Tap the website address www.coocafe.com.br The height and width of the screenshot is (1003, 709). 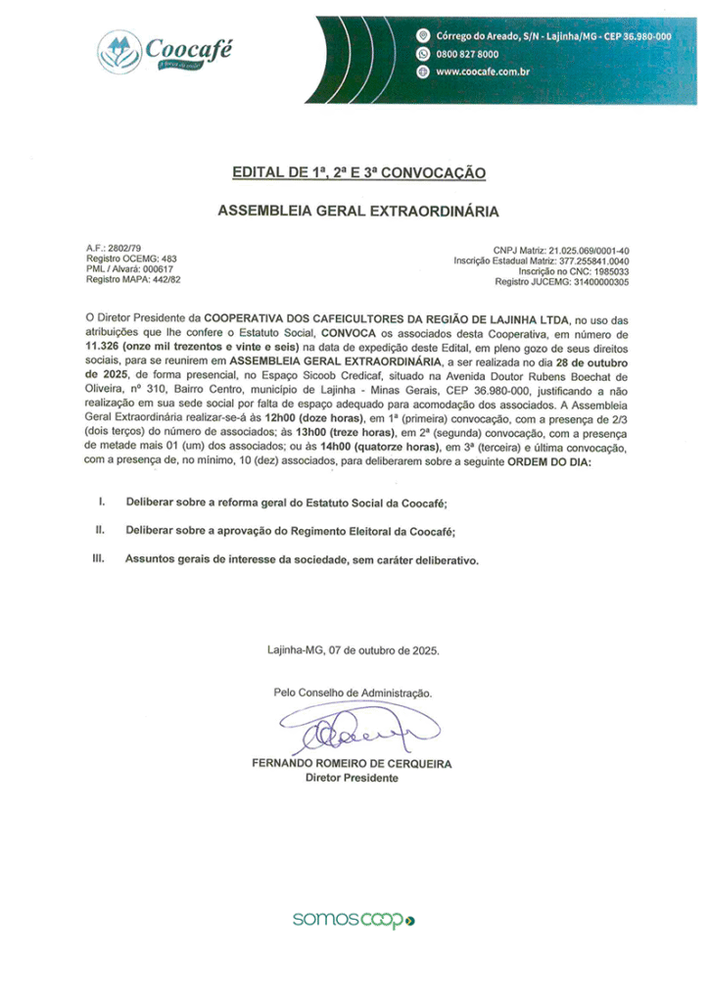[483, 72]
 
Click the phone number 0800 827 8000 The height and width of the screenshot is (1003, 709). [467, 54]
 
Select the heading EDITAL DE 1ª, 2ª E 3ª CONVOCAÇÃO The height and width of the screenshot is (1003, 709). [358, 173]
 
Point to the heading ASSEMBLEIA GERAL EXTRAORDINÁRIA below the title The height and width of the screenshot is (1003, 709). [358, 211]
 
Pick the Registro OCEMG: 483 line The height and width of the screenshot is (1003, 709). [131, 260]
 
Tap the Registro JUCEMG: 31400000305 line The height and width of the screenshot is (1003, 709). [562, 281]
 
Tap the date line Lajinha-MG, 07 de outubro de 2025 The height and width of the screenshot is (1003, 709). [354, 649]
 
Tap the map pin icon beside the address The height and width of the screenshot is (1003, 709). [423, 35]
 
